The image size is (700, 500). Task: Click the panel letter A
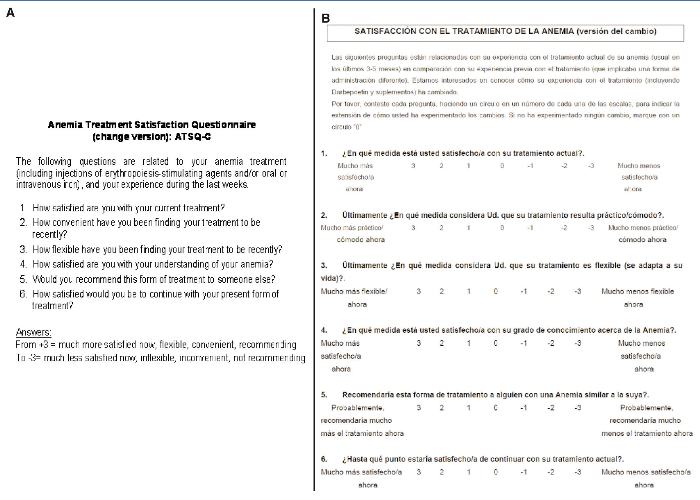pyautogui.click(x=10, y=13)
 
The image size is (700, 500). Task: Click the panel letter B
pyautogui.click(x=325, y=19)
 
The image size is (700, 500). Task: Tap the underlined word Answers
pyautogui.click(x=34, y=332)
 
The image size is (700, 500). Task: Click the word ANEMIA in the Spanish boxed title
pyautogui.click(x=557, y=31)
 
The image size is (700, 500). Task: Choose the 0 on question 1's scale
pyautogui.click(x=502, y=166)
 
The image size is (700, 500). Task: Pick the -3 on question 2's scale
pyautogui.click(x=591, y=228)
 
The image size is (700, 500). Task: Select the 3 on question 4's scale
pyautogui.click(x=419, y=343)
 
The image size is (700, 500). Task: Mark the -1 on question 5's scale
pyautogui.click(x=524, y=408)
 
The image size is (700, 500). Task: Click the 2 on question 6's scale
pyautogui.click(x=442, y=472)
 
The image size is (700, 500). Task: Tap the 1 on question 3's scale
pyautogui.click(x=468, y=292)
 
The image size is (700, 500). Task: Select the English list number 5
pyautogui.click(x=23, y=279)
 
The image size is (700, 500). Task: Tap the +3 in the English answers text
pyautogui.click(x=43, y=345)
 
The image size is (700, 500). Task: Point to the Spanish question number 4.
pyautogui.click(x=324, y=330)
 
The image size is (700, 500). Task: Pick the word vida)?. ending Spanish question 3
pyautogui.click(x=333, y=278)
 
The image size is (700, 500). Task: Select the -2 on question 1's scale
pyautogui.click(x=564, y=166)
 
